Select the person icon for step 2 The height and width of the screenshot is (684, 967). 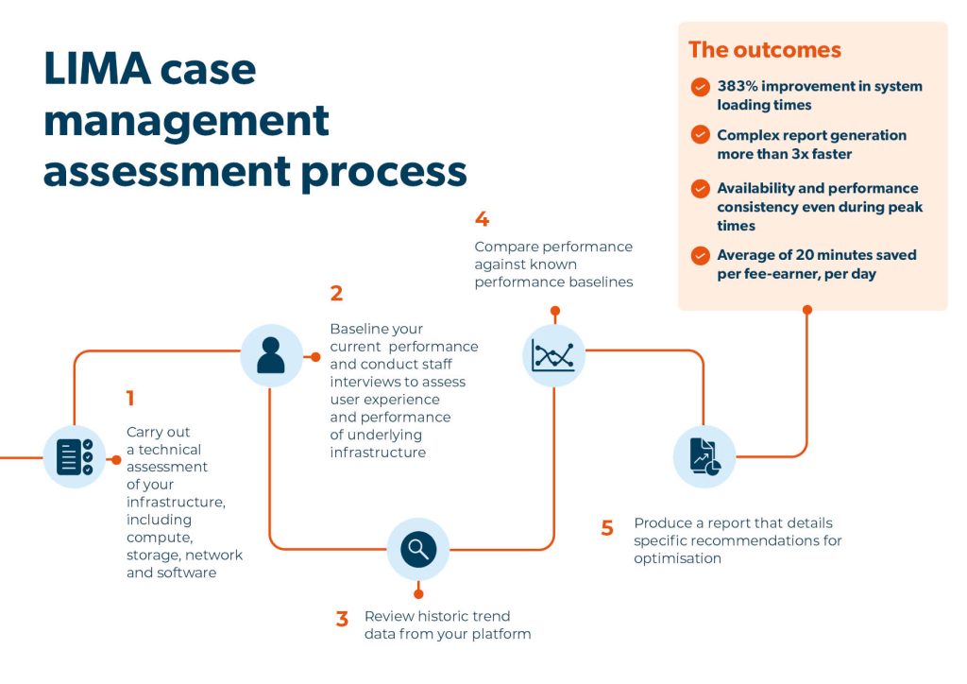click(271, 356)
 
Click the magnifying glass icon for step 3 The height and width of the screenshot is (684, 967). click(418, 549)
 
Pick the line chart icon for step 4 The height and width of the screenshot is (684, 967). click(553, 356)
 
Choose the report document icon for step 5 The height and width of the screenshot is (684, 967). click(704, 456)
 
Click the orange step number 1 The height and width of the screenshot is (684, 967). click(130, 400)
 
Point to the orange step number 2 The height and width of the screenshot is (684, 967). click(336, 294)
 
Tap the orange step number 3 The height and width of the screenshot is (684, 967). click(342, 620)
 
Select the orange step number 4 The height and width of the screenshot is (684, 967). click(482, 219)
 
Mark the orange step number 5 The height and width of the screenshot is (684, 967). click(607, 528)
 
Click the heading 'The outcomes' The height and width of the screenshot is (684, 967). click(764, 50)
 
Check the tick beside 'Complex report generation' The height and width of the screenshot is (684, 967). click(700, 135)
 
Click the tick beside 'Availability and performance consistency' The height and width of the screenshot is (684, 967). click(700, 188)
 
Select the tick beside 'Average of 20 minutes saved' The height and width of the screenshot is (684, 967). click(700, 255)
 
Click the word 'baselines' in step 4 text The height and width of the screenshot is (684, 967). click(604, 282)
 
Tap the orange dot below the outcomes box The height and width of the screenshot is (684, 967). click(806, 308)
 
